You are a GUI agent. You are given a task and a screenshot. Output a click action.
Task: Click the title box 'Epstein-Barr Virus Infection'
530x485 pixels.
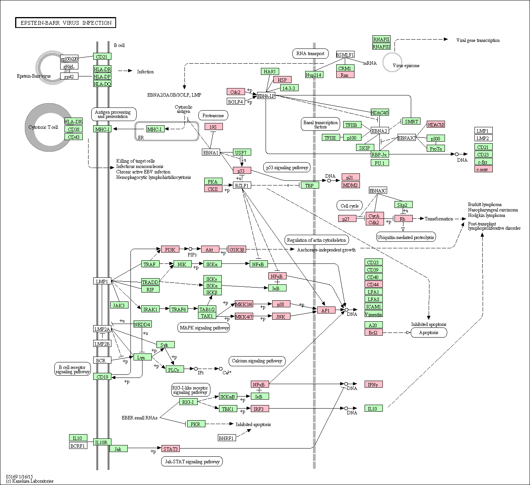[x=66, y=23]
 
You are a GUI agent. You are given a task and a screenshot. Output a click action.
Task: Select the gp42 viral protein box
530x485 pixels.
[x=69, y=76]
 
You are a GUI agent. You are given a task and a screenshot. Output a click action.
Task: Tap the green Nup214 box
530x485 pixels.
[x=314, y=75]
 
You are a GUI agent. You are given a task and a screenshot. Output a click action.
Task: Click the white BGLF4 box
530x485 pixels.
[x=236, y=102]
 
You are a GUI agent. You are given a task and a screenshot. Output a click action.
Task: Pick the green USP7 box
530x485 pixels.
[x=242, y=152]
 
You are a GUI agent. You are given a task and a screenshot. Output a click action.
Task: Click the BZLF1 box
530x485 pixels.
[x=242, y=185]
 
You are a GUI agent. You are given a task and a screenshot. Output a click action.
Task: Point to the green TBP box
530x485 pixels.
[x=309, y=185]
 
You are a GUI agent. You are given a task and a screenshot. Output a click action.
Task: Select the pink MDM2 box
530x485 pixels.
[x=351, y=185]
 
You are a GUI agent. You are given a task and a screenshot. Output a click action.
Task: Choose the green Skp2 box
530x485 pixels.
[x=403, y=204]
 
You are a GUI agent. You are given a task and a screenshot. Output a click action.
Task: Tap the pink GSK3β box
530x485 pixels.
[x=237, y=249]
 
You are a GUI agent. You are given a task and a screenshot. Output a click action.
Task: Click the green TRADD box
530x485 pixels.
[x=150, y=282]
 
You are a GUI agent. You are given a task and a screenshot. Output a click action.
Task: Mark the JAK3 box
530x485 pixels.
[x=119, y=305]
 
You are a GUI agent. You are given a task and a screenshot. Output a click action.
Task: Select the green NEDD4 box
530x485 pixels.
[x=142, y=324]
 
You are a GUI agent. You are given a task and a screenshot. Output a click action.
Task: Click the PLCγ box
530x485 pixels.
[x=174, y=370]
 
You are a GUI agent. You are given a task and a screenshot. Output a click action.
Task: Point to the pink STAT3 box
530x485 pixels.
[x=170, y=449]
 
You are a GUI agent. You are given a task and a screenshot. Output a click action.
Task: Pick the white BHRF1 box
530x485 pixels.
[x=227, y=438]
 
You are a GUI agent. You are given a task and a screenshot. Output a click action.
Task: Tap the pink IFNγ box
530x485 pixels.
[x=373, y=385]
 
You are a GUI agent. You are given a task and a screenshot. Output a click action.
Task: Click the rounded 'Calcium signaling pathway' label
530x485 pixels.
[x=257, y=361]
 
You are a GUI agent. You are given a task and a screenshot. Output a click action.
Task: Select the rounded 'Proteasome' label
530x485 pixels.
[x=213, y=115]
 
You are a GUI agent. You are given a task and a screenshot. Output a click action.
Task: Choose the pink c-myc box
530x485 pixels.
[x=483, y=169]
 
